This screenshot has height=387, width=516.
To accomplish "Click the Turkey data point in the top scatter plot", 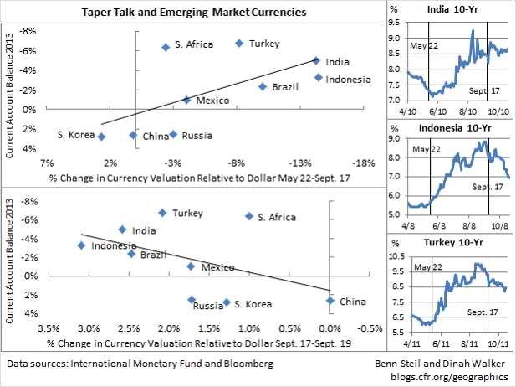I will click(x=239, y=43).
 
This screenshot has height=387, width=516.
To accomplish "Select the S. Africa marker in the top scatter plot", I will click(x=166, y=47).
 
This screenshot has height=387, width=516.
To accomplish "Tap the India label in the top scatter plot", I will click(x=337, y=61).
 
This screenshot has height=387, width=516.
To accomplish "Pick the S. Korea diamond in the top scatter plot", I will click(x=102, y=137).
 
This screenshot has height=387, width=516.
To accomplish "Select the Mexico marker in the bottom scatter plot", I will click(x=191, y=266).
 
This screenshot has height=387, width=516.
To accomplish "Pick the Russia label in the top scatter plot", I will click(x=197, y=135).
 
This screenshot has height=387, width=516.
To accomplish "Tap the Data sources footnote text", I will click(x=140, y=364).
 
